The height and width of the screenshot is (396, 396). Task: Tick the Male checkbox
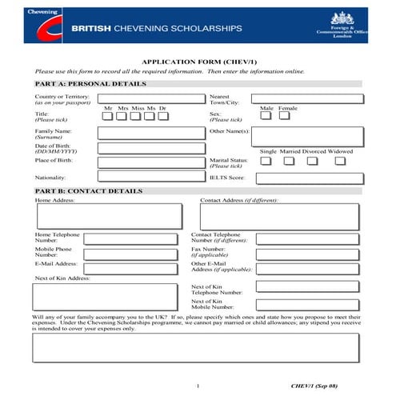click(x=266, y=116)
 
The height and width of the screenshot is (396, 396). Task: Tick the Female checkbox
click(x=286, y=116)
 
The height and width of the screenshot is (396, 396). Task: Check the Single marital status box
click(x=266, y=161)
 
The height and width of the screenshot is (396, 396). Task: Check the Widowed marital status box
click(x=340, y=161)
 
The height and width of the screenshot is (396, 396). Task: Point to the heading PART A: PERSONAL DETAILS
click(x=91, y=83)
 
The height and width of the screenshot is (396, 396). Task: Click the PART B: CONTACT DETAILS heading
click(x=90, y=191)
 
